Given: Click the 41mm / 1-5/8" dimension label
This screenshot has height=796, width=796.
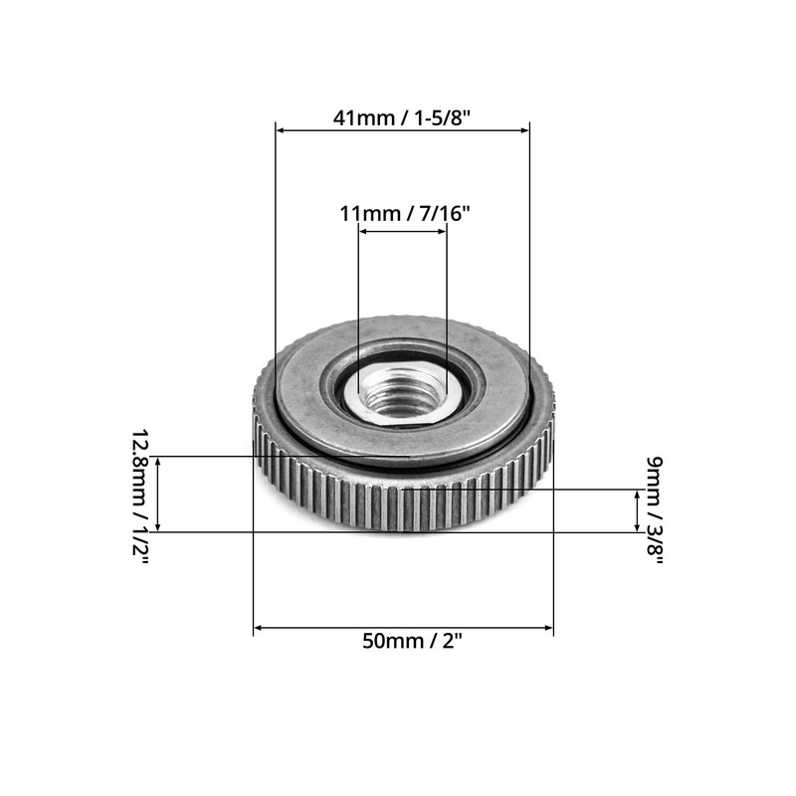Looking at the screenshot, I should tap(402, 116).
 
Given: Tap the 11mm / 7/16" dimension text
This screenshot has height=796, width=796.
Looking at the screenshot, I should tap(403, 213).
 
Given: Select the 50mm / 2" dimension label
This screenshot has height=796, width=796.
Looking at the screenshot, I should tap(403, 642).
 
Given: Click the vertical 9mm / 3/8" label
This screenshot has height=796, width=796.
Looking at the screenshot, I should tap(655, 510).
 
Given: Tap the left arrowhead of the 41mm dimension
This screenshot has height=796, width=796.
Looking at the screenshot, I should tap(281, 129).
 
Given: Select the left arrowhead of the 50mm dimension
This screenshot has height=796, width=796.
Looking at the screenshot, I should tap(259, 628).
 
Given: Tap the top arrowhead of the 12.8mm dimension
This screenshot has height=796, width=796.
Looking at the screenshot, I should tap(158, 462).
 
